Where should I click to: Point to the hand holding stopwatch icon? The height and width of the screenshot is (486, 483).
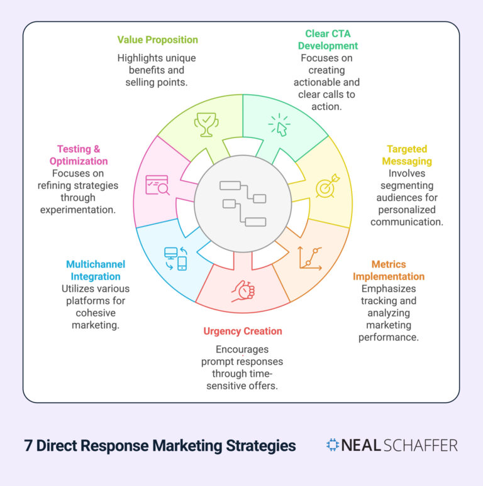242,290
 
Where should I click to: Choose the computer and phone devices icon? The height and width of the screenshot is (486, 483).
175,258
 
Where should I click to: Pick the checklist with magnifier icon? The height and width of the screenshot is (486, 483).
157,185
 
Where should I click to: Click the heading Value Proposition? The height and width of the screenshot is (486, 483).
157,40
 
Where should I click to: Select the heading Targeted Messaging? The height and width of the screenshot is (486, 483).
406,155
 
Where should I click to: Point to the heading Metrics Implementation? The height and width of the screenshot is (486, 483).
388,270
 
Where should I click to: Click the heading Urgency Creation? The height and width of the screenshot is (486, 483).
242,331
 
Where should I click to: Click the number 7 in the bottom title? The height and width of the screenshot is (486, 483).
28,446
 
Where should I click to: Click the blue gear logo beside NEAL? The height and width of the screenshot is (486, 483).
332,445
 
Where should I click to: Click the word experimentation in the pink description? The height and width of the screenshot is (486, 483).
78,209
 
